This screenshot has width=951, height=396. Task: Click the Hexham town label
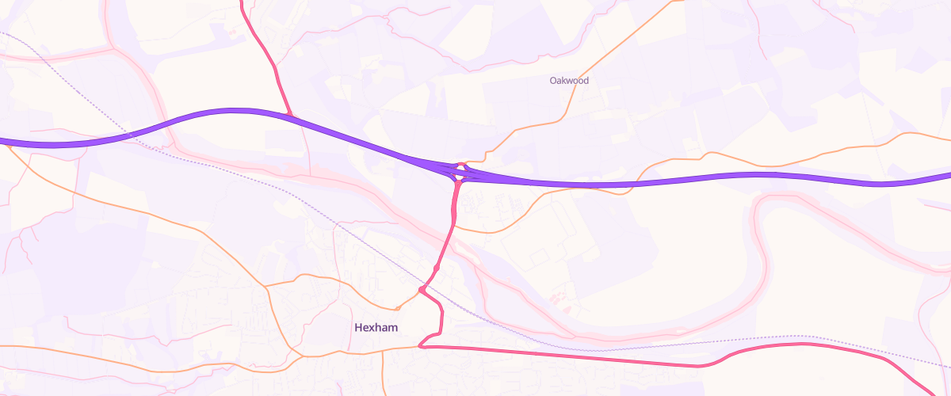(376, 327)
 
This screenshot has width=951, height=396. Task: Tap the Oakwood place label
(569, 81)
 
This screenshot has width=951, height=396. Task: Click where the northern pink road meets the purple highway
(291, 116)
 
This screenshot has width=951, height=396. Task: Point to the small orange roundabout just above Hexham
(396, 308)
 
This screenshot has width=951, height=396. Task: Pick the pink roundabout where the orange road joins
(422, 291)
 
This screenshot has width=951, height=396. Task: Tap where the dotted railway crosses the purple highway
(129, 135)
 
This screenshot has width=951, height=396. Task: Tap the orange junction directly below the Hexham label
(383, 349)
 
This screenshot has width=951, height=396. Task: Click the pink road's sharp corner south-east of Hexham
(421, 345)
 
